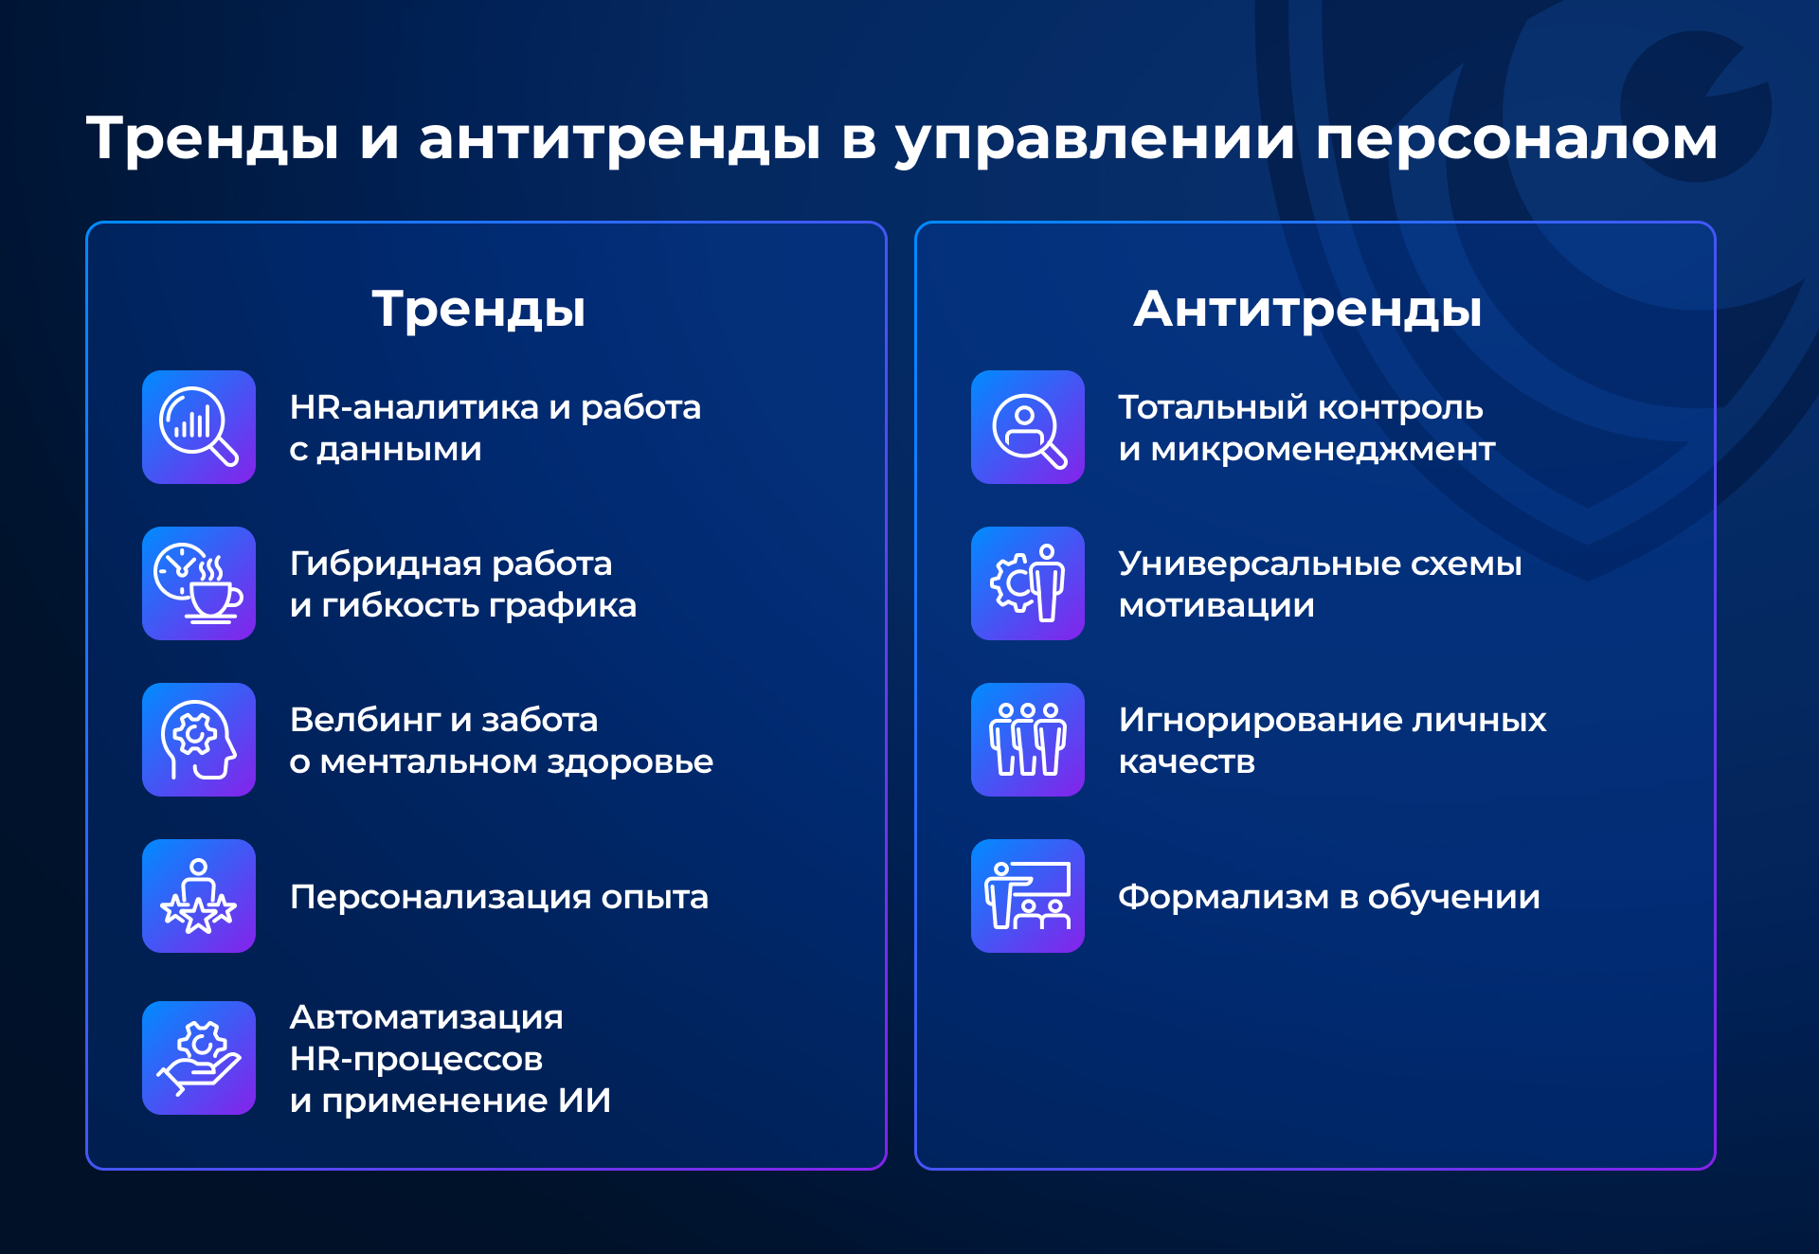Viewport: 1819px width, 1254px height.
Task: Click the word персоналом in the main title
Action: click(1516, 139)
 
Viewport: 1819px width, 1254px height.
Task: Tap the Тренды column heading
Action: click(478, 309)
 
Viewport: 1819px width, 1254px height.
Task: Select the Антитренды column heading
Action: click(1307, 309)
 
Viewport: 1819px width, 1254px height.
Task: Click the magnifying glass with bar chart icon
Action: click(199, 427)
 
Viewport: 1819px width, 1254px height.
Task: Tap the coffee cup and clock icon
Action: click(199, 583)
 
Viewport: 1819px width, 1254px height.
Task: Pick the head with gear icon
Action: click(199, 740)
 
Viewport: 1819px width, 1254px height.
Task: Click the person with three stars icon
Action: click(199, 896)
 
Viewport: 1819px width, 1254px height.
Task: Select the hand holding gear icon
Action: click(199, 1058)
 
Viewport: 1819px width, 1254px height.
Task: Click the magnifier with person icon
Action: click(1028, 427)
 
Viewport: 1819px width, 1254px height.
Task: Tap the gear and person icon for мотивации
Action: click(1028, 583)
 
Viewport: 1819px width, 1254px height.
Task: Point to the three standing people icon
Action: click(1028, 740)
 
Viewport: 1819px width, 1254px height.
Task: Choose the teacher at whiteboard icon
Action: click(1028, 896)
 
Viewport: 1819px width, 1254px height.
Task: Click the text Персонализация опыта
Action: click(498, 897)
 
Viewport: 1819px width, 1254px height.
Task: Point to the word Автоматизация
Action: click(426, 1017)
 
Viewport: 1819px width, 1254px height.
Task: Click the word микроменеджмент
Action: click(1323, 449)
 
